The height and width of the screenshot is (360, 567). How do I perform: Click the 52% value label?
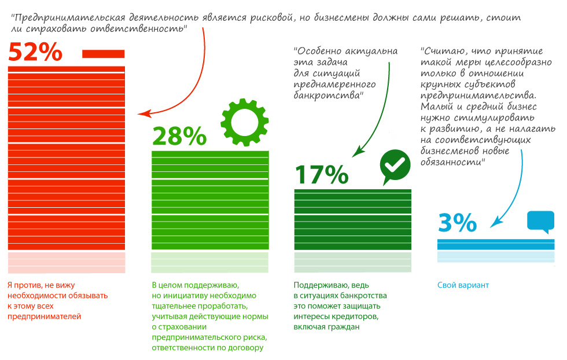(x=35, y=53)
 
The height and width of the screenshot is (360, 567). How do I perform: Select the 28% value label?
(x=179, y=137)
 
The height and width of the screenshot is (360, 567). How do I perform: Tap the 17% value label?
(x=322, y=174)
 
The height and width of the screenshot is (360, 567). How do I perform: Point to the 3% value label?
(x=457, y=223)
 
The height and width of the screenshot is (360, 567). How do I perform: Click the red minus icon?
(x=104, y=54)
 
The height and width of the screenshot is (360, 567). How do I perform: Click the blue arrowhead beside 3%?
(x=495, y=223)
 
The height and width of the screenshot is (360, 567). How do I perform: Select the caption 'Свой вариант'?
(x=463, y=285)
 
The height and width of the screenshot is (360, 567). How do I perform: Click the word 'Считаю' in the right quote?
(x=443, y=51)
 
